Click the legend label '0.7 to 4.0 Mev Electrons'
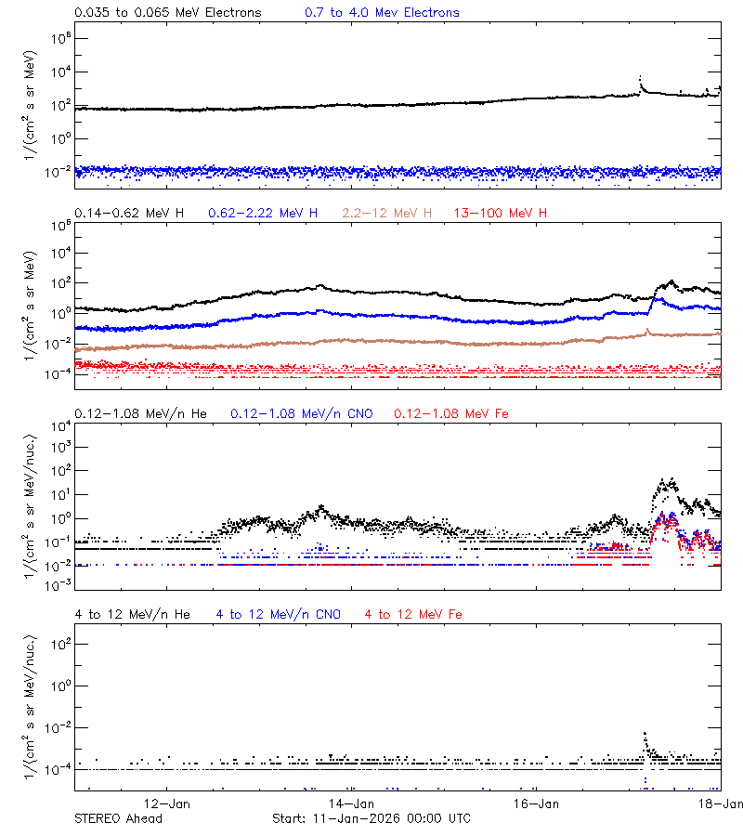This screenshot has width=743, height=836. tap(382, 13)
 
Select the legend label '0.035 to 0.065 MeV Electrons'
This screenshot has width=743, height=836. tap(168, 13)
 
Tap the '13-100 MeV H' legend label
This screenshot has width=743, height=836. tap(501, 214)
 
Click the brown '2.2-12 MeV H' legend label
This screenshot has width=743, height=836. tap(387, 214)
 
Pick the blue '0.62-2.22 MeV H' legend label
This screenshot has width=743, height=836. tap(263, 214)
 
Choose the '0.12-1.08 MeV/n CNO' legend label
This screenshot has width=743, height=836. tap(302, 413)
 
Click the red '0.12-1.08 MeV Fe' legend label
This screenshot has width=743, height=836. tap(451, 413)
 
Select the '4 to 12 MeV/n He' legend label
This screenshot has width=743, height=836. tap(132, 614)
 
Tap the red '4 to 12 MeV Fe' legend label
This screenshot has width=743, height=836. tap(413, 614)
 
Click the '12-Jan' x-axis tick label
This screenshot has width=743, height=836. tap(168, 803)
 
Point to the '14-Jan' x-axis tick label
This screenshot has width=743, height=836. tap(352, 803)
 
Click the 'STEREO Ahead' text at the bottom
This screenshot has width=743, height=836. tap(118, 818)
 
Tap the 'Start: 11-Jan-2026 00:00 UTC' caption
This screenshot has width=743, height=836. tap(371, 818)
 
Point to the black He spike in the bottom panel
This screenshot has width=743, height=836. tap(645, 734)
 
